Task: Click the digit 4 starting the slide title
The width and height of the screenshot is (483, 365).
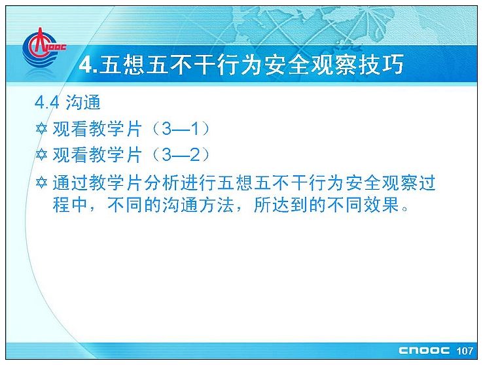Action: (86, 65)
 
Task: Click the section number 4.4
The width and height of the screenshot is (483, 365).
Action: (47, 103)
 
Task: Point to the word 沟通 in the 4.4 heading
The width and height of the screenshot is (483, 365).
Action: (83, 102)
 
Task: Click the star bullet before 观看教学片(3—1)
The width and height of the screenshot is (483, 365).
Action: (41, 129)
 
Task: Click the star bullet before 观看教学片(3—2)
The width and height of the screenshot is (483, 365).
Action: (41, 154)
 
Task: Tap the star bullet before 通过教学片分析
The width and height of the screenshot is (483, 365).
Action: (41, 182)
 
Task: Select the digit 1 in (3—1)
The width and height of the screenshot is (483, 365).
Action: (194, 129)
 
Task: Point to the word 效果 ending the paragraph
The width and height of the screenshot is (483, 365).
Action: (382, 204)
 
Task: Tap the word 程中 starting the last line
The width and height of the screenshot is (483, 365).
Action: (70, 204)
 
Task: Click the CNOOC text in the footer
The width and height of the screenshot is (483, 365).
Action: (424, 350)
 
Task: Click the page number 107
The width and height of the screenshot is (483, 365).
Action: (465, 351)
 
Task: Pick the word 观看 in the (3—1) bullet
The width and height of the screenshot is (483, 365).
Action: (70, 129)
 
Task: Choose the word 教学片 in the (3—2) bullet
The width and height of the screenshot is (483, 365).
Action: (116, 154)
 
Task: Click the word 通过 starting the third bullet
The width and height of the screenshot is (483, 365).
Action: (70, 182)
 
